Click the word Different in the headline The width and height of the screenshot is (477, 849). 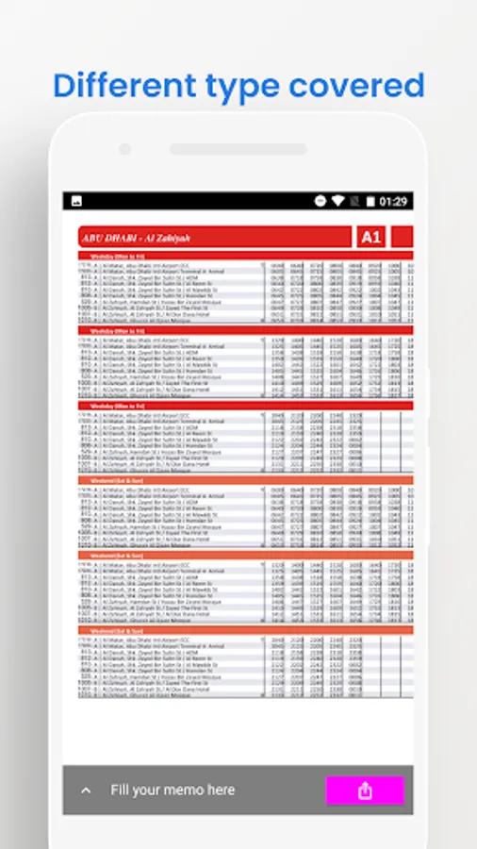point(119,86)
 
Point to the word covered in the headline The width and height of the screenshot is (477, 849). point(357,86)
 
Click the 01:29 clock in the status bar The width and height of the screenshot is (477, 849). point(393,202)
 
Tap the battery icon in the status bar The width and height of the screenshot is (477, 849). point(370,202)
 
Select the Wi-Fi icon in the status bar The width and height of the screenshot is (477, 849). point(337,202)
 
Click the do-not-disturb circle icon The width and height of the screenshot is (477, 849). point(320,202)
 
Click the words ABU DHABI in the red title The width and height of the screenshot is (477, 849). point(108,238)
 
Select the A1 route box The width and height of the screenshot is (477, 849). point(370,237)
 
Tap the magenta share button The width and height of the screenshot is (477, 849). point(365,791)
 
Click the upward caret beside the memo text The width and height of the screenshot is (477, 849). point(87,791)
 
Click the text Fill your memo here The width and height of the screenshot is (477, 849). point(173,790)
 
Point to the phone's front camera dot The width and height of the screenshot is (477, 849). point(124,149)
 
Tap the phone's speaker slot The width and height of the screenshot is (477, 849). point(238,149)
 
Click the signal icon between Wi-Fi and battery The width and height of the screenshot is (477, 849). point(354,202)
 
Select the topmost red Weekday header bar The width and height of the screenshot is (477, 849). point(245,256)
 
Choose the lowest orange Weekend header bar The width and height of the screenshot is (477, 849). point(245,630)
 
